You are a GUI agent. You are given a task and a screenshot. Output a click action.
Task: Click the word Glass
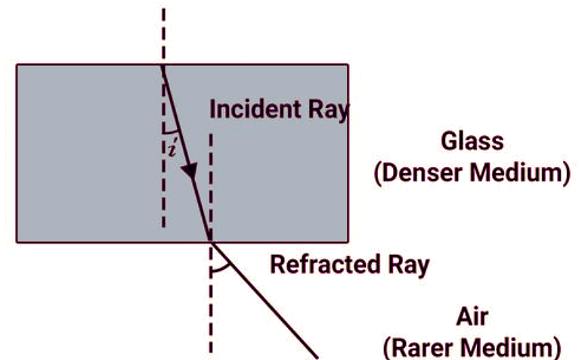tap(472, 141)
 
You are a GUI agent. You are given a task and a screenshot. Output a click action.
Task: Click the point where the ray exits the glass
tap(210, 242)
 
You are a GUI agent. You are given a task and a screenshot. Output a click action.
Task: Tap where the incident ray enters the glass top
tap(163, 64)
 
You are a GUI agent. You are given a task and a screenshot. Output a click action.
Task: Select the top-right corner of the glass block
tap(348, 64)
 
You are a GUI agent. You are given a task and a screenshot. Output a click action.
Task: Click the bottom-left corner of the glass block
tap(17, 242)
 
